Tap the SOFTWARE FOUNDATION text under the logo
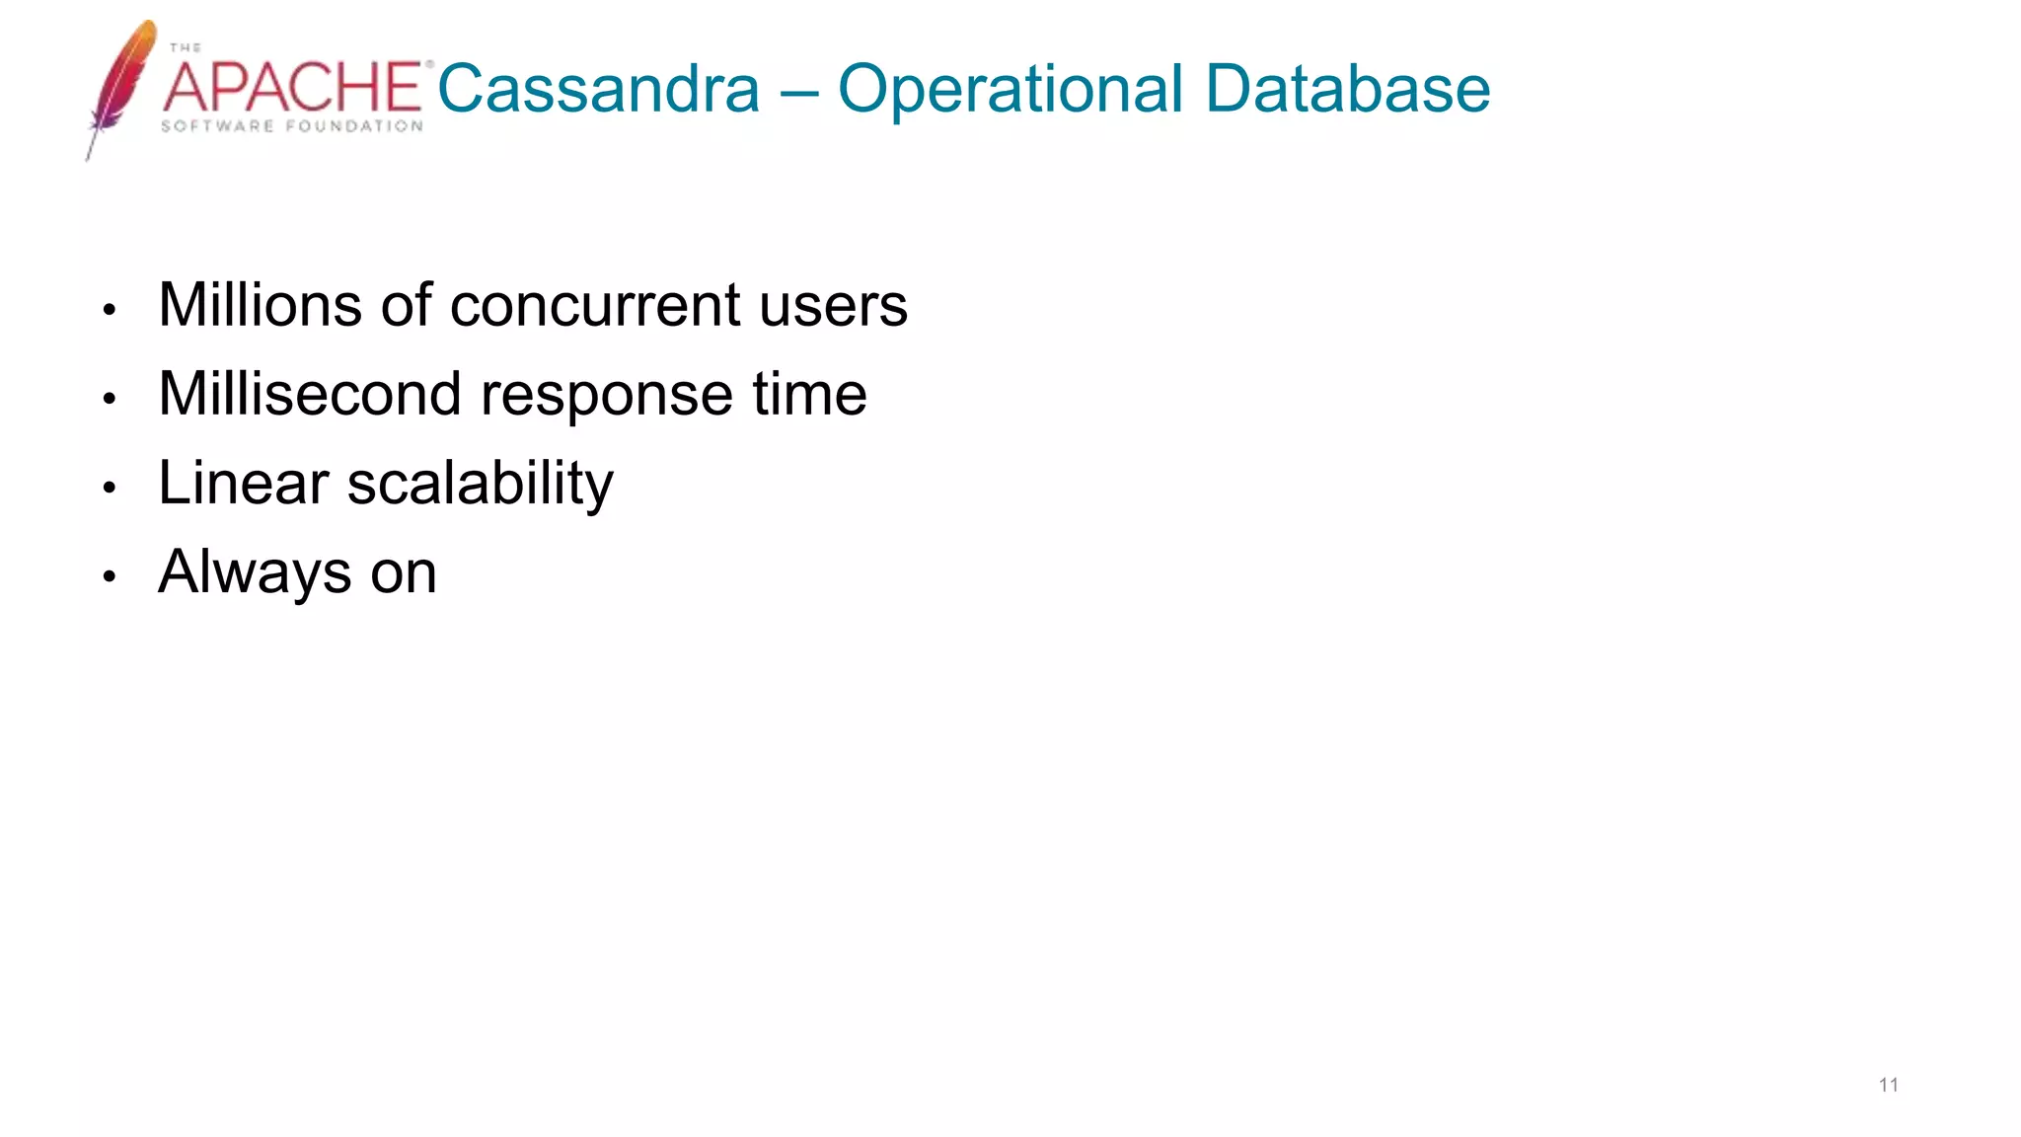pos(292,126)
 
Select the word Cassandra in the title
pos(599,89)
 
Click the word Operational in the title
pos(1010,89)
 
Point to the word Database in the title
pos(1348,89)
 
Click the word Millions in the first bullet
pos(260,305)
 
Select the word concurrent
pos(595,307)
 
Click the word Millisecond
pos(309,394)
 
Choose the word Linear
pos(243,484)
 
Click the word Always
pos(255,573)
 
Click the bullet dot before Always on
pos(110,576)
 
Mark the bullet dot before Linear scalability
pos(110,488)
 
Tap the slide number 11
pos(1888,1086)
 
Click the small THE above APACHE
pos(185,47)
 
